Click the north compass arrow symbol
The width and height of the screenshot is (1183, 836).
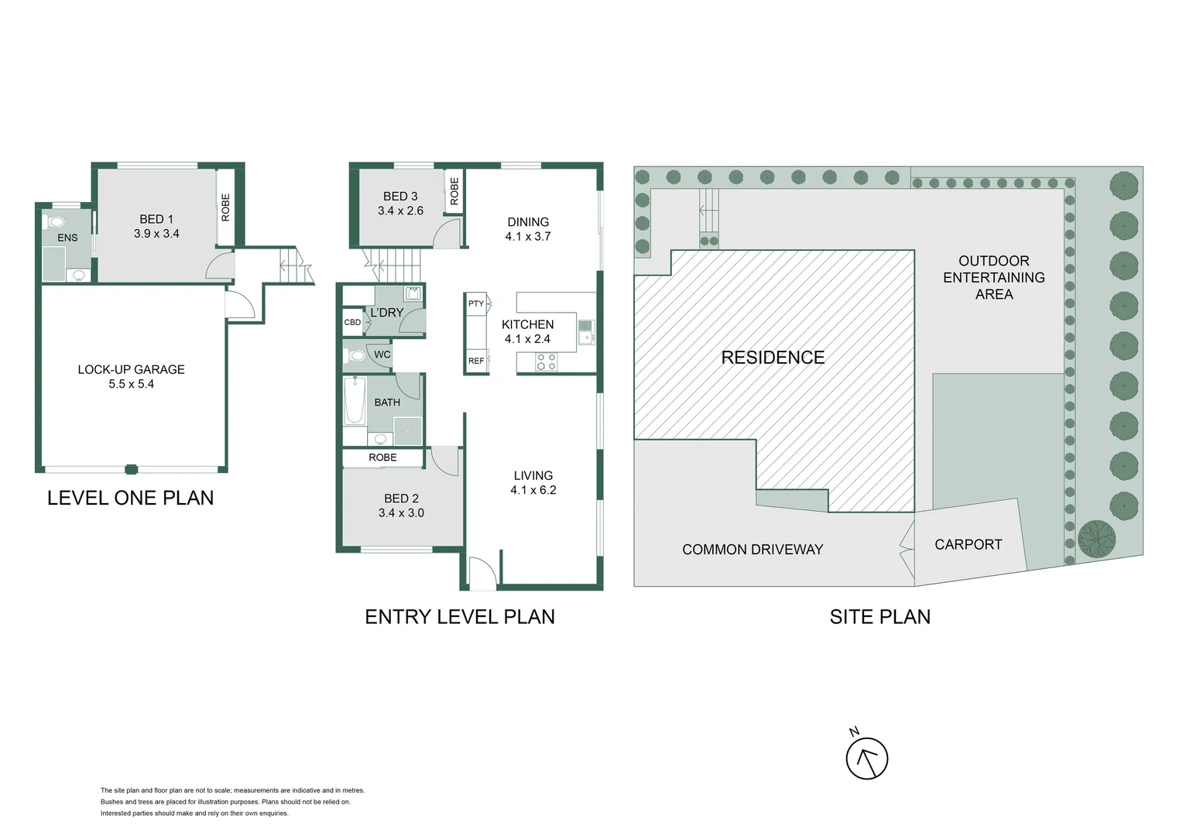866,759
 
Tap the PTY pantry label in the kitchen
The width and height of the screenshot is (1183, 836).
475,303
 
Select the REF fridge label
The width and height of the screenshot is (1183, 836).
475,361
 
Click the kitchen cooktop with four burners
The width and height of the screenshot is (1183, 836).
546,361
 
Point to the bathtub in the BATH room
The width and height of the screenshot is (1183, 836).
355,400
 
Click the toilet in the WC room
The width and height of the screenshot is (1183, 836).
356,356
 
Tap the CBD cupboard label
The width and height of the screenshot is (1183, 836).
352,322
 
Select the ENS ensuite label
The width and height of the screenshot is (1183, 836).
67,238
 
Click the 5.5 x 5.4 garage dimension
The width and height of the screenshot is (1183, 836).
131,384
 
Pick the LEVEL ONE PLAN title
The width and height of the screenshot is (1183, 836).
130,498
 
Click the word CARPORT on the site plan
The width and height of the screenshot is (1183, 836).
968,544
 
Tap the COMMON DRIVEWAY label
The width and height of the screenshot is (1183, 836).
752,550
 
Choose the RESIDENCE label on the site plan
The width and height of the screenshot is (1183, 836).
773,358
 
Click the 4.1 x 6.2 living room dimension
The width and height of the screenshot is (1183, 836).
533,490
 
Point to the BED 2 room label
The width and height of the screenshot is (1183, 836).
401,499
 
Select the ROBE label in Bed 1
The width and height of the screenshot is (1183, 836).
225,207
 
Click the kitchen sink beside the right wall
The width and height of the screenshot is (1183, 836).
585,331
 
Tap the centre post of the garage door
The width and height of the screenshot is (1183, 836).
131,469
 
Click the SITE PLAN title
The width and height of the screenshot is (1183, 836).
880,617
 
